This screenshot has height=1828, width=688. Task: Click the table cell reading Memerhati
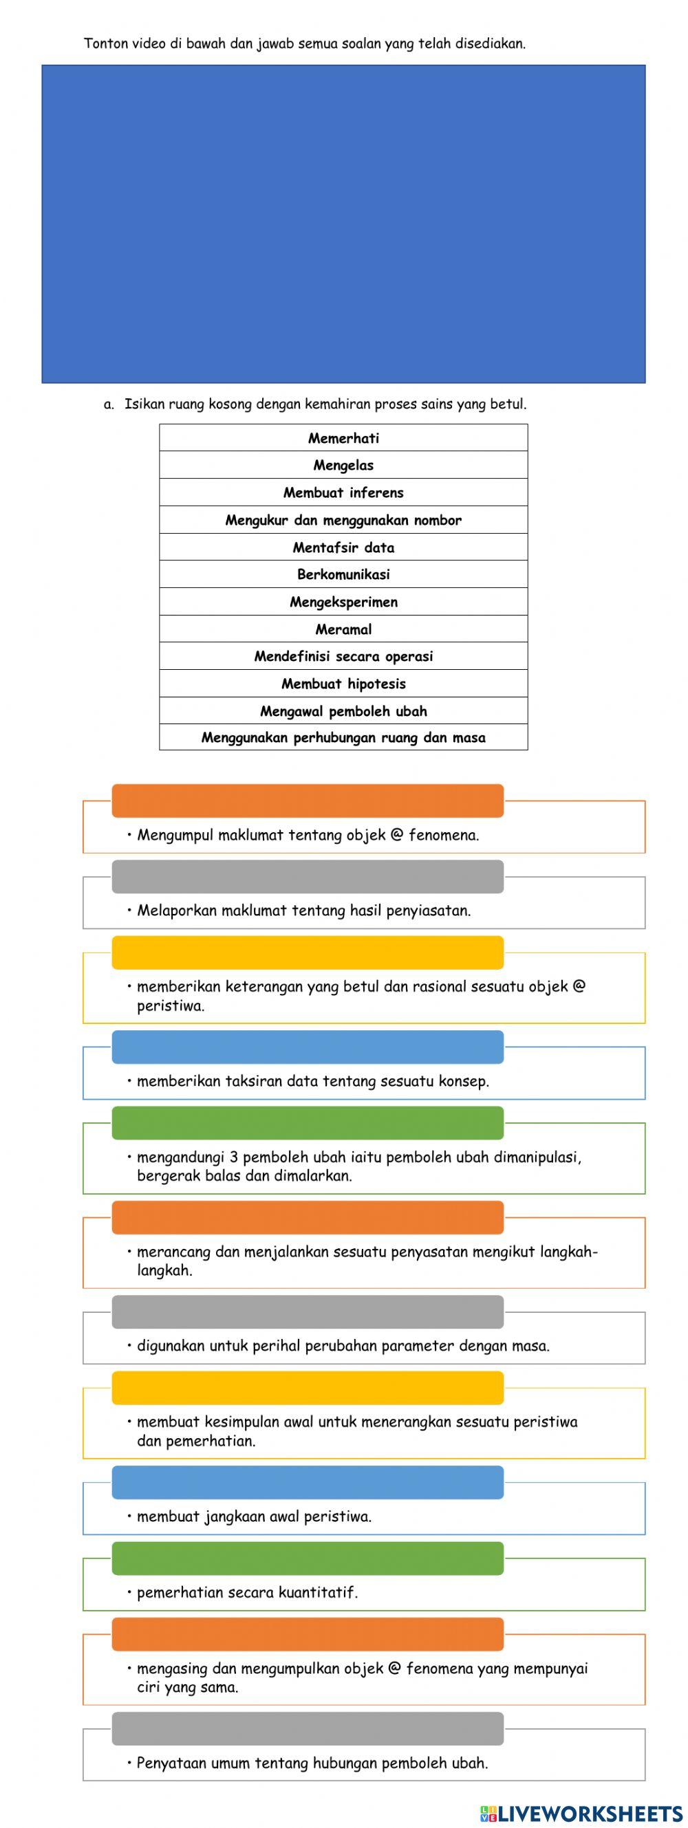pos(343,438)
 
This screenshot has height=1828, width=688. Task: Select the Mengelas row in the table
pos(343,466)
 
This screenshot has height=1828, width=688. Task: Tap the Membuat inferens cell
pos(343,492)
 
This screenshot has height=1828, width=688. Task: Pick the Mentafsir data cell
pos(343,547)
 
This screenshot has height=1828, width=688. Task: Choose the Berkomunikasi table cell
pos(343,574)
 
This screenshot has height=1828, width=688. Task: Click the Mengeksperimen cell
pos(343,602)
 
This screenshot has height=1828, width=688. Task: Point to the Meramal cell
pos(343,629)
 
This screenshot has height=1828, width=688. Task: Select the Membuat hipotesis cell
pos(343,684)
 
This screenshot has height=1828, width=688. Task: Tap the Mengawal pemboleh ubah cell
pos(343,711)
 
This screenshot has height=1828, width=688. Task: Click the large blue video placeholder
pos(343,224)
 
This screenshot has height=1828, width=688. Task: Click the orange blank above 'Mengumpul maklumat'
pos(308,801)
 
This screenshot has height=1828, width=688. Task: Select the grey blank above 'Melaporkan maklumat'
pos(308,876)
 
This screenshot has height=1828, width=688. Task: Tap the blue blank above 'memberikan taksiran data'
pos(308,1047)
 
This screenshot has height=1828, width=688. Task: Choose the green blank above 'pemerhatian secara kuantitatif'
pos(308,1558)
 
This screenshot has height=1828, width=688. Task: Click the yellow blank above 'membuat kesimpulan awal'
pos(308,1387)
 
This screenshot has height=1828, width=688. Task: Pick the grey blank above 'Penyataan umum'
pos(308,1728)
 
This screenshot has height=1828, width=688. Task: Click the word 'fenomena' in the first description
pos(443,835)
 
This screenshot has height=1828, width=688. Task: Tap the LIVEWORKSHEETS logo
pos(581,1814)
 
